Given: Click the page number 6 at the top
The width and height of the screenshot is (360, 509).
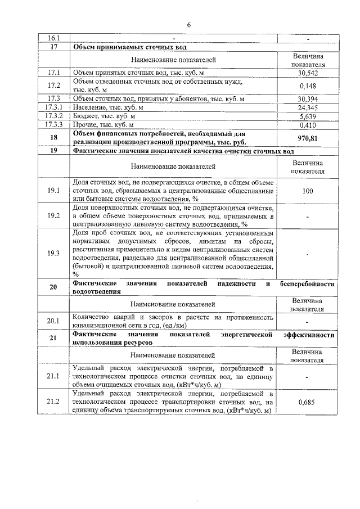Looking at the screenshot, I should point(189,25).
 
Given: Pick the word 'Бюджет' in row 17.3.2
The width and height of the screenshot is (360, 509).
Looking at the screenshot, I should point(87,116).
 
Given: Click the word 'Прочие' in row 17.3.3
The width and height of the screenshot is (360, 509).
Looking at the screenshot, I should point(86,125).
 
